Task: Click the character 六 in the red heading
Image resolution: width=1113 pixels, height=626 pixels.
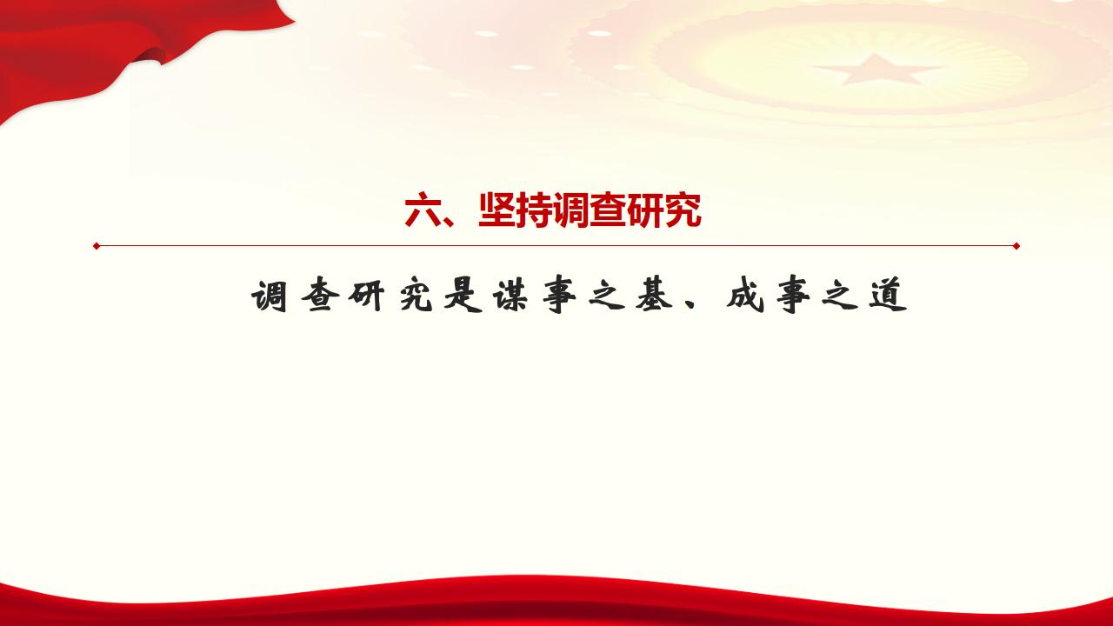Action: pos(423,210)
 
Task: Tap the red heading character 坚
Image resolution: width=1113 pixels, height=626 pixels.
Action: pos(497,210)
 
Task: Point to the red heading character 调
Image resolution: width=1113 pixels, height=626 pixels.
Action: pos(570,210)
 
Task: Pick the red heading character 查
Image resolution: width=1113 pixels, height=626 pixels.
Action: pos(608,210)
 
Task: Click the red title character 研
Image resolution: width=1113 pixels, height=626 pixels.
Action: pos(645,210)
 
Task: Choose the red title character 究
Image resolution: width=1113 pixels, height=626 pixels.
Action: pos(683,210)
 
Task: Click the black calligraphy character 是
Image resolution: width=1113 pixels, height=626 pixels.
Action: pos(463,296)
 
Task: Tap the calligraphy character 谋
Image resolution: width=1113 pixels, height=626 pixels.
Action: pos(511,296)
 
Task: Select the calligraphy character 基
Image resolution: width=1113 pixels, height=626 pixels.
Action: pos(655,296)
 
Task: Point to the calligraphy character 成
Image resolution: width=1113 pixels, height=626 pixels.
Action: pos(745,296)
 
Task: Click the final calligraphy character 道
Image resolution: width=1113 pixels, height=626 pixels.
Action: pos(889,296)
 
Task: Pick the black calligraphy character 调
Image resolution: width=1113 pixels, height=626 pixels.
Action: pos(270,296)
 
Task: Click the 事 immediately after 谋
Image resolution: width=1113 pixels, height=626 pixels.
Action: pos(559,296)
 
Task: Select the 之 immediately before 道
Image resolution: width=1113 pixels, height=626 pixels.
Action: pos(840,297)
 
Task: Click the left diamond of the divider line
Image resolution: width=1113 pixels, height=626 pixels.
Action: pos(97,246)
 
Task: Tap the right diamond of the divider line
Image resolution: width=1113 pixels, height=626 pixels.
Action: pos(1016,246)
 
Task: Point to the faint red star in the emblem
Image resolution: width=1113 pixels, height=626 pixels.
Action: pos(878,70)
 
